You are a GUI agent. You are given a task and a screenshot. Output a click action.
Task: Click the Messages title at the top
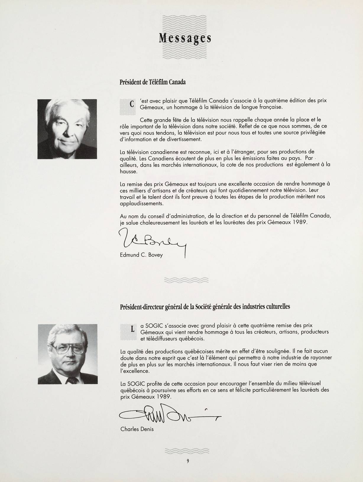click(185, 38)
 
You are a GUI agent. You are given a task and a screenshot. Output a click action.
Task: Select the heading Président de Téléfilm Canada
click(153, 82)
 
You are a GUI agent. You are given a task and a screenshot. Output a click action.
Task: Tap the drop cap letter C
click(132, 104)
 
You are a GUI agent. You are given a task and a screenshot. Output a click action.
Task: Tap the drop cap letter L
click(132, 329)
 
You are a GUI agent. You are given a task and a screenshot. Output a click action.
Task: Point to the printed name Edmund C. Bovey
click(141, 255)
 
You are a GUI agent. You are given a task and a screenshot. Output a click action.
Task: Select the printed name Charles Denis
click(137, 429)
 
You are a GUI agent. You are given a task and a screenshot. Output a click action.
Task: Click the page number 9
click(188, 461)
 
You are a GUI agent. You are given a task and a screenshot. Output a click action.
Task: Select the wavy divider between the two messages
click(187, 280)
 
